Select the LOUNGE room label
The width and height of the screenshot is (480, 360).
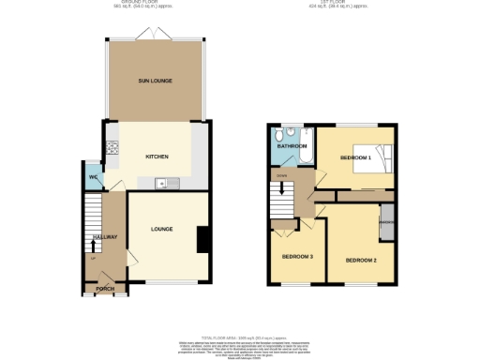[x=163, y=228]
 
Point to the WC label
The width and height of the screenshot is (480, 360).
[x=94, y=178]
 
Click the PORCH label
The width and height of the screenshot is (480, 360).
[x=105, y=289]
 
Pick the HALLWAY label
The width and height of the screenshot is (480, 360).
[x=104, y=236]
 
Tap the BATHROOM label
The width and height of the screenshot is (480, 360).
[x=292, y=147]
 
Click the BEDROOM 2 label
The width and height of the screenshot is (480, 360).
[x=360, y=260]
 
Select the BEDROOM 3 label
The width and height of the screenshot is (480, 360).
[x=297, y=256]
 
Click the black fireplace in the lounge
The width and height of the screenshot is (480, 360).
[x=202, y=239]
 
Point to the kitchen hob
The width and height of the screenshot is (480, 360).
[x=112, y=147]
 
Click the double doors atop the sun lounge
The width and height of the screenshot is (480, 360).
[x=145, y=36]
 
